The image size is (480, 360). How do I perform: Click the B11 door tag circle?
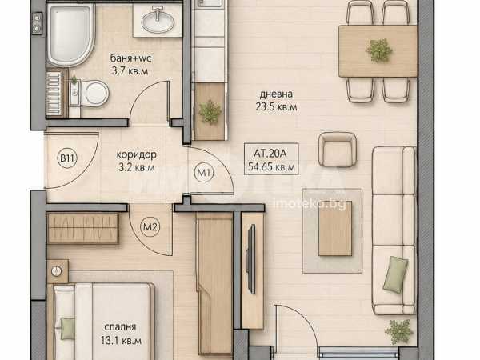click(67, 158)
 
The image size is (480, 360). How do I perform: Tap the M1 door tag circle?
click(204, 173)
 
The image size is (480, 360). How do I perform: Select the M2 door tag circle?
click(150, 227)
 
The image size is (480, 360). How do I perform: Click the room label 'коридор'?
click(137, 154)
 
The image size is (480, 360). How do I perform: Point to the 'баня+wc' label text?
click(130, 58)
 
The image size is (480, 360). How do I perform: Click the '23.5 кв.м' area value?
click(276, 107)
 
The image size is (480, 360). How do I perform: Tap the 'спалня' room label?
click(120, 327)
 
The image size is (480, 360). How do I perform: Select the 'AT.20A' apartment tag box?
click(271, 159)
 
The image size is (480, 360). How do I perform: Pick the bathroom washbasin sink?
click(158, 22)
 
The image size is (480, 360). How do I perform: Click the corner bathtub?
click(71, 34)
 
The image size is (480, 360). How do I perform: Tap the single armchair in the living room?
click(337, 150)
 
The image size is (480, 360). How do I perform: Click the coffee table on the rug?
click(335, 229)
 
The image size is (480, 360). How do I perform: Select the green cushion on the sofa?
click(395, 274)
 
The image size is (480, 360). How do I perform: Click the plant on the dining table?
click(379, 50)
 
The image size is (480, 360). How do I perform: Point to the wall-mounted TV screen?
click(251, 259)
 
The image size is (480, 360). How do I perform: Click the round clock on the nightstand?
click(57, 270)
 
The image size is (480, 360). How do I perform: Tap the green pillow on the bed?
click(67, 329)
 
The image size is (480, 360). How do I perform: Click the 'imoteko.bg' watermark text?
click(309, 203)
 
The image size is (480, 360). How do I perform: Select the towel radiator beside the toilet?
click(54, 94)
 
